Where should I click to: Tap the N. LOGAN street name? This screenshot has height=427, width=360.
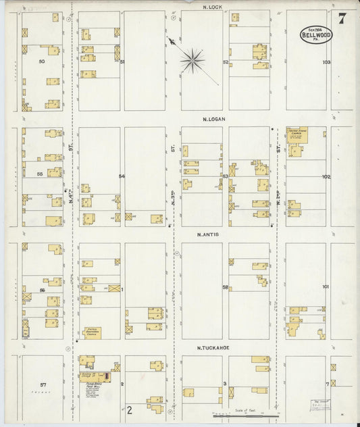point(213,119)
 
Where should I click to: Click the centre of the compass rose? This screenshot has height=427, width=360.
point(192,61)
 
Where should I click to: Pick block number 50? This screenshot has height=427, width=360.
point(41,61)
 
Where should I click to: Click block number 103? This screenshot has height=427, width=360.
point(326,61)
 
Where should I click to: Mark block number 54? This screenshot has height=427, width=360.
point(122,176)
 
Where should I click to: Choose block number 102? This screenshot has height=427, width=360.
point(326,176)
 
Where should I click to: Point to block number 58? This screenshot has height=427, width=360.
point(225,288)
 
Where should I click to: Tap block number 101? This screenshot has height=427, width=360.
point(326,287)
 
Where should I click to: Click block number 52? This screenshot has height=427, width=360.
point(226,61)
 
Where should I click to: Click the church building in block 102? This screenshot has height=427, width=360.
point(297,135)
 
